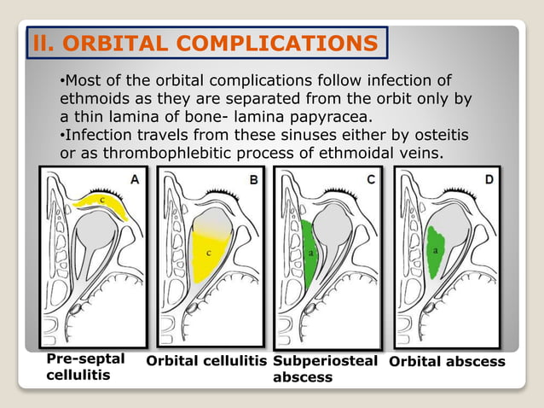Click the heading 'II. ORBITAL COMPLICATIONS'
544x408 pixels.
[x=205, y=42]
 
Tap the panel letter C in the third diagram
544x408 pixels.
[x=370, y=179]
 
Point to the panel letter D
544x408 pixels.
[x=488, y=179]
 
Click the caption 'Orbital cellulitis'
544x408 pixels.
[x=206, y=362]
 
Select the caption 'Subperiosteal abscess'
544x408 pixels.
[x=325, y=369]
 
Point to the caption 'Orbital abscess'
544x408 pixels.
[x=447, y=362]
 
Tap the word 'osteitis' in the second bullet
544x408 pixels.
[x=436, y=135]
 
